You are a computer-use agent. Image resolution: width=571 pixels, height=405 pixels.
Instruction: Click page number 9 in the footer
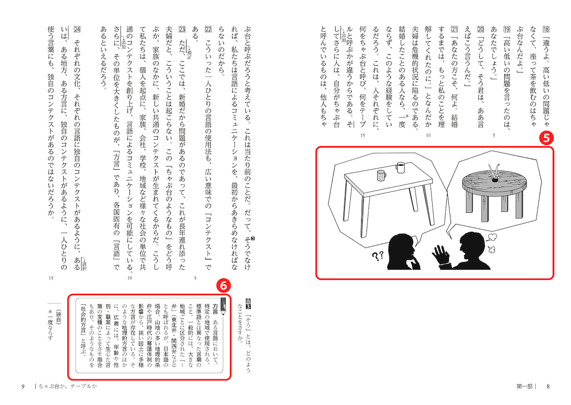click(x=23, y=387)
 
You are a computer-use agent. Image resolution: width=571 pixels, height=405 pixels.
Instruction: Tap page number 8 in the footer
click(x=548, y=387)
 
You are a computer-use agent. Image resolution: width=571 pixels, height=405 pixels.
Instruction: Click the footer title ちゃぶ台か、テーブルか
click(x=66, y=387)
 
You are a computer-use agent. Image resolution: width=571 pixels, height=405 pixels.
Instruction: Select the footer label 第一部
click(x=527, y=387)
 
